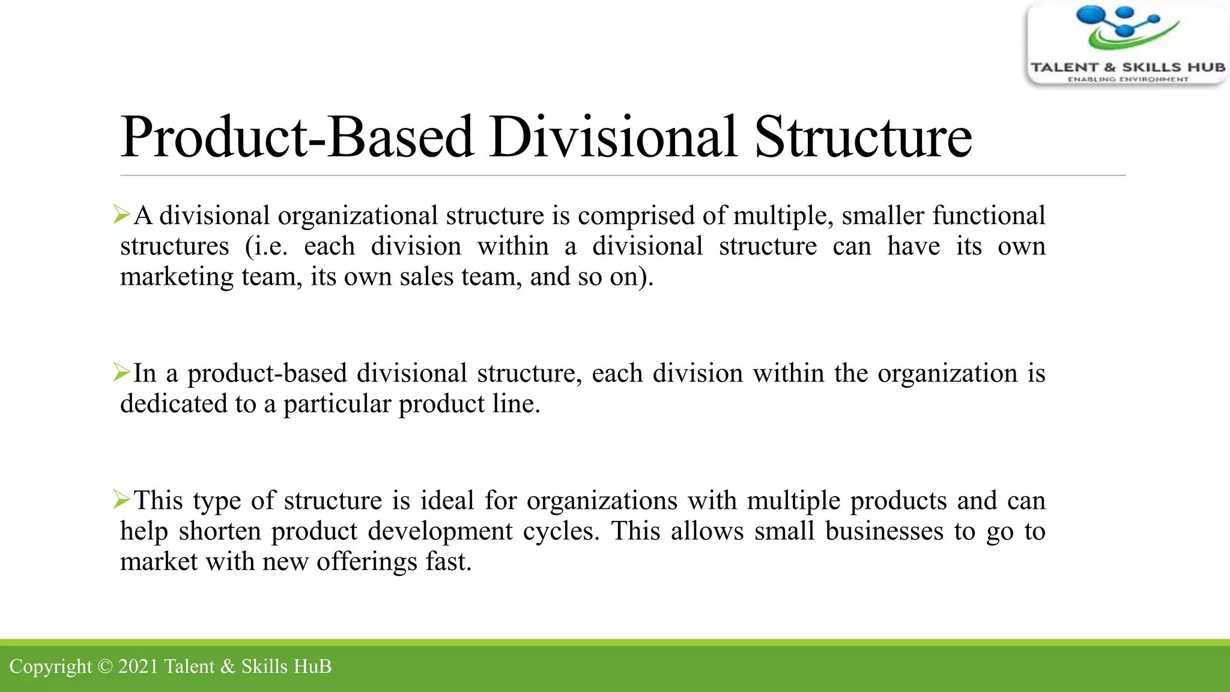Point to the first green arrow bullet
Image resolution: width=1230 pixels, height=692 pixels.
tap(121, 214)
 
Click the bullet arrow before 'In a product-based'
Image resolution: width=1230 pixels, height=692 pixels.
tap(121, 372)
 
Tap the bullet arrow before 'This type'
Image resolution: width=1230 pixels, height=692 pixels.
tap(121, 499)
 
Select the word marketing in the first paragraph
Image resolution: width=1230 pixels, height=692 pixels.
tap(177, 278)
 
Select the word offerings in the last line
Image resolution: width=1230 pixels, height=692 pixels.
tap(366, 562)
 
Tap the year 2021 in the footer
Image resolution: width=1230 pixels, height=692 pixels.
tap(138, 667)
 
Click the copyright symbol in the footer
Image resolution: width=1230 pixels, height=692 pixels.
tap(105, 667)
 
